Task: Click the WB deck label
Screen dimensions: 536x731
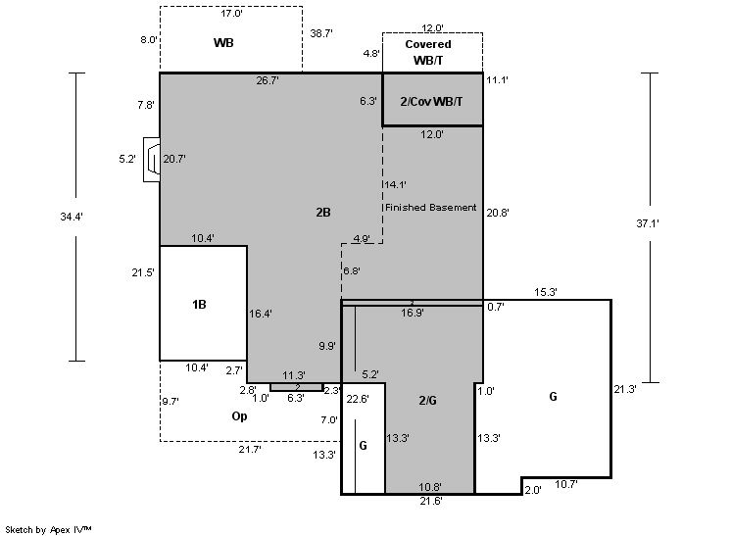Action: point(223,43)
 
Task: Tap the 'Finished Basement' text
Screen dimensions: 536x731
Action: point(431,208)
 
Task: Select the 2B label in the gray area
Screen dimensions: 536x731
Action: point(323,212)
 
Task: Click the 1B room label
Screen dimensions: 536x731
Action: point(199,305)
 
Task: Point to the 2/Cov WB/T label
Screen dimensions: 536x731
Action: point(431,102)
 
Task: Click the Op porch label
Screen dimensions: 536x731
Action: point(239,415)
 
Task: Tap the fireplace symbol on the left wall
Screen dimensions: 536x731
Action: point(152,158)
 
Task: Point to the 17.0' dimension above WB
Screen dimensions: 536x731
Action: point(231,15)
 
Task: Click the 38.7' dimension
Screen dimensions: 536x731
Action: point(321,33)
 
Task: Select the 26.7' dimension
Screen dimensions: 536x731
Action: point(268,80)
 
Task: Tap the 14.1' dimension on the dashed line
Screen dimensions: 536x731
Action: point(395,184)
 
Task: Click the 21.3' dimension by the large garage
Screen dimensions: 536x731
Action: point(625,389)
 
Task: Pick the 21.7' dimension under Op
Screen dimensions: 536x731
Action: point(250,449)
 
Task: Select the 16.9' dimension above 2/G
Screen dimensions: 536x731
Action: point(413,314)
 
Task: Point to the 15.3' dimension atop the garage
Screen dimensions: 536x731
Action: point(547,292)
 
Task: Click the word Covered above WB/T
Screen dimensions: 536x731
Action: point(428,44)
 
